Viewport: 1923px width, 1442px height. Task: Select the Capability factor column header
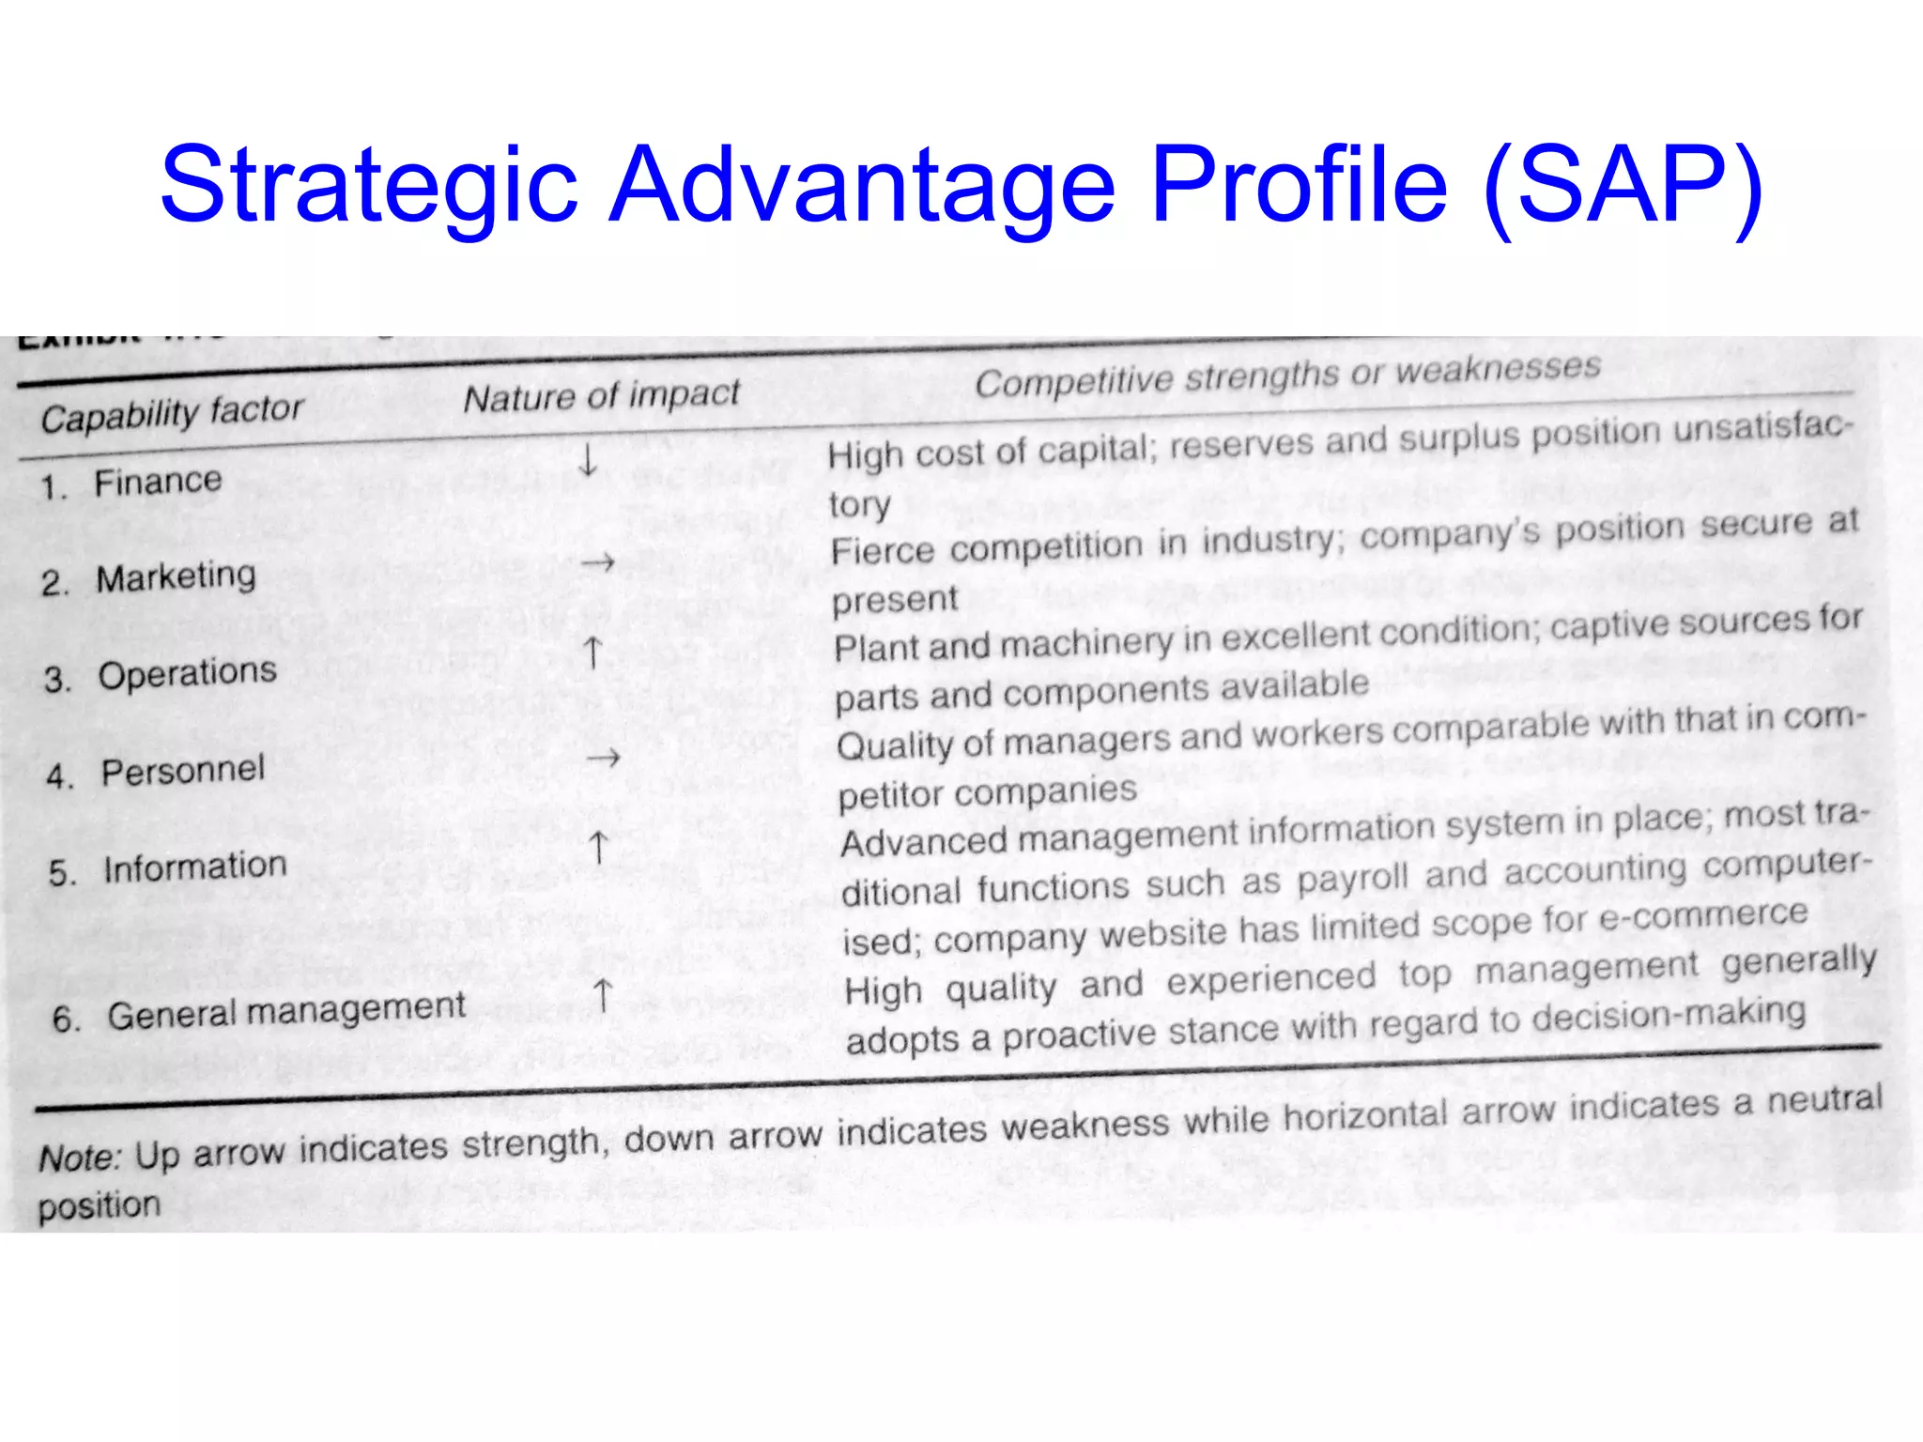(172, 413)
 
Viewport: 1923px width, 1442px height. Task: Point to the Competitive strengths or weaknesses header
(1287, 375)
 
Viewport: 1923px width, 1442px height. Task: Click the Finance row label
(158, 483)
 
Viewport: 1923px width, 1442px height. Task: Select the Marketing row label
(176, 577)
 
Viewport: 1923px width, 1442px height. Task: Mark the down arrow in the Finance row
(588, 460)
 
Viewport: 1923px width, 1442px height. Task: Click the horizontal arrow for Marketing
(597, 563)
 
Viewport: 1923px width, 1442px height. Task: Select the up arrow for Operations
(592, 652)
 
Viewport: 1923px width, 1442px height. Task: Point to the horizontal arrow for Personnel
(603, 757)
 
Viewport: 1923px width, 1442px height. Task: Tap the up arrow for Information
(598, 847)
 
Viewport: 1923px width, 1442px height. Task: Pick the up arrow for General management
(603, 995)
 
